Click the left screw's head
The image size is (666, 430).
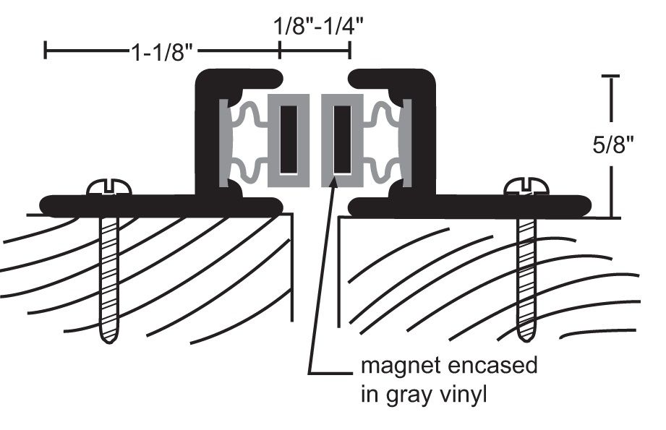point(109,187)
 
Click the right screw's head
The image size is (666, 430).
point(527,187)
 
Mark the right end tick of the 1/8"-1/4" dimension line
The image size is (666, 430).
point(350,51)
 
